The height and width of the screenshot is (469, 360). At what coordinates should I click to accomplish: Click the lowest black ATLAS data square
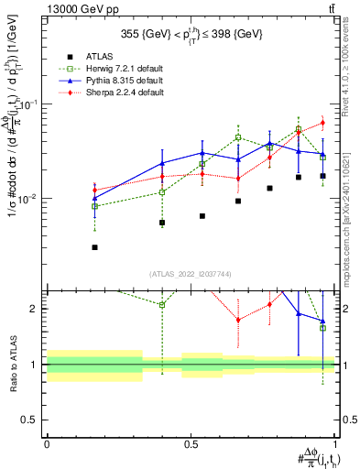94,247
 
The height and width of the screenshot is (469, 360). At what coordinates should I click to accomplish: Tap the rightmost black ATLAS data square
322,175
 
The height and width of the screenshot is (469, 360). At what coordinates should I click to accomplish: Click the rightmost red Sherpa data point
322,123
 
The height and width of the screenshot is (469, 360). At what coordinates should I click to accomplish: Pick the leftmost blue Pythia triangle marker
94,198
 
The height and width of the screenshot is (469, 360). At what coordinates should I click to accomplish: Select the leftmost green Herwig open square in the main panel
94,206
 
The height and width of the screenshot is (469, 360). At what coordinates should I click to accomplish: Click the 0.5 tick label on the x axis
191,442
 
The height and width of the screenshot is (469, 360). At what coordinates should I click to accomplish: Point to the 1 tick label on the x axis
335,442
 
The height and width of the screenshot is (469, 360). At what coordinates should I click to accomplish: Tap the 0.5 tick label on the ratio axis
31,420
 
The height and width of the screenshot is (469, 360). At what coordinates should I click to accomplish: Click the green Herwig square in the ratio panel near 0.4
162,305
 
